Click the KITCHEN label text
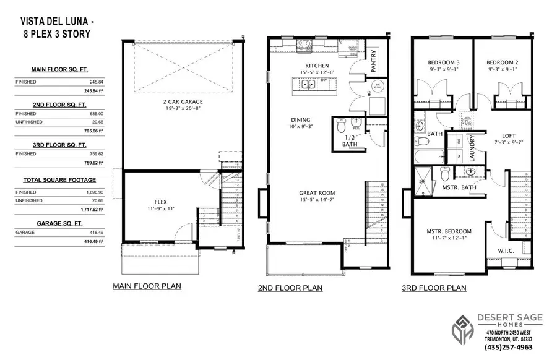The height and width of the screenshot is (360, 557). coord(316,66)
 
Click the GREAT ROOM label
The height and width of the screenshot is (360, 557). coord(317,192)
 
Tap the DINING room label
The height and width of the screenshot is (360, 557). coord(301,120)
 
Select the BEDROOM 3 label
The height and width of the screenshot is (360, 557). coord(444,62)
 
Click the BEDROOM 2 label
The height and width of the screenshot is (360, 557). coord(501,62)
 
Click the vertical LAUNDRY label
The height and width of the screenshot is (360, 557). coord(472,148)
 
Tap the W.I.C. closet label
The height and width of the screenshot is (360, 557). coord(506,251)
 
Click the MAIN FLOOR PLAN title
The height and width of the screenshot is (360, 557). coord(147,286)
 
